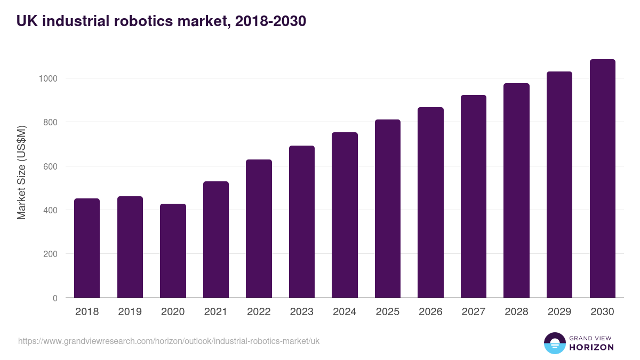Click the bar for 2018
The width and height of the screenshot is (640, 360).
87,248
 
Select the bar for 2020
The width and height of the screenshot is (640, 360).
173,251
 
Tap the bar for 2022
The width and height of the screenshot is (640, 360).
259,228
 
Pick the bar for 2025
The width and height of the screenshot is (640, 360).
387,209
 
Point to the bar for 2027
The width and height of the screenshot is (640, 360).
473,196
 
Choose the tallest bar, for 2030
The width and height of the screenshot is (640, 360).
602,178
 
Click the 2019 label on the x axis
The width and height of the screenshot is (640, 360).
130,312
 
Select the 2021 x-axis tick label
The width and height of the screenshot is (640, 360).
215,312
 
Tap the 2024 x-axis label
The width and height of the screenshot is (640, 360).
345,312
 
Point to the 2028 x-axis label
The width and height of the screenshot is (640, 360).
516,312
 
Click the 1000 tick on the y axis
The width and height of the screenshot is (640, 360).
47,78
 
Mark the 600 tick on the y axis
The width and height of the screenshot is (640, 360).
50,166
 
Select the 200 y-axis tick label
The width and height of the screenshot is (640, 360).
50,254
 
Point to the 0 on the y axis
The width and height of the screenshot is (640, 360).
54,298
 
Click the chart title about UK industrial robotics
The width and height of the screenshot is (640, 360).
161,21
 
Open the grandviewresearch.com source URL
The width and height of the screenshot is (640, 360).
169,341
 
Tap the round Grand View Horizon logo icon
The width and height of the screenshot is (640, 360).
554,343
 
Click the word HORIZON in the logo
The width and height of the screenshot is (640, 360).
591,347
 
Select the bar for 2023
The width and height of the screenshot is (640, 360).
301,221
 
